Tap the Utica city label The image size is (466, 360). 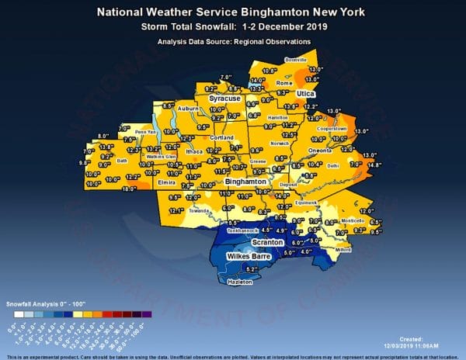(x=309, y=92)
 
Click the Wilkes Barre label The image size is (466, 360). (x=247, y=255)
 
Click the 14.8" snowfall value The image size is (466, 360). (x=375, y=164)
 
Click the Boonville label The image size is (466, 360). (x=296, y=59)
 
